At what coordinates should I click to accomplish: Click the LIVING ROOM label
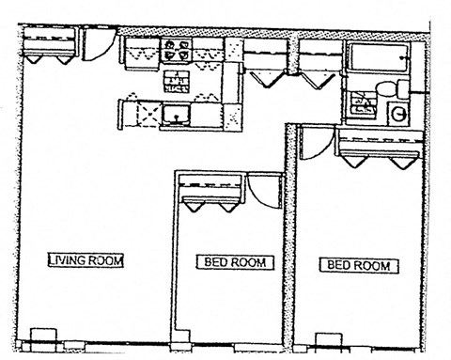coord(86,260)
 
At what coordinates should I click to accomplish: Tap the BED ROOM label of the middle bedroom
coord(235,262)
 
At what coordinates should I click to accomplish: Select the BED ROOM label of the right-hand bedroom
coord(359,266)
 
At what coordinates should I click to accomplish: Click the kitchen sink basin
coord(177,115)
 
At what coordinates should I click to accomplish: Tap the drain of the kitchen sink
coord(177,118)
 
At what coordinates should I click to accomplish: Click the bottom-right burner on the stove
coord(184,55)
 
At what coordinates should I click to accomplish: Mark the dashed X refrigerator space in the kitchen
coord(148,113)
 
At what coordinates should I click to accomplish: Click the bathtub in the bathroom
coord(379,57)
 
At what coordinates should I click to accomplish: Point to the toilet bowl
coord(386,88)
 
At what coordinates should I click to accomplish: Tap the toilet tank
coord(403,88)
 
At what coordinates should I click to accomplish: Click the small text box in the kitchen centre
coord(177,82)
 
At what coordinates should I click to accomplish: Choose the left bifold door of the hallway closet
coord(268,79)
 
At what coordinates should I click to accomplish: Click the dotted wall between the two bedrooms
coord(289,235)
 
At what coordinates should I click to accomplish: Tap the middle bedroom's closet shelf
coord(210,184)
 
